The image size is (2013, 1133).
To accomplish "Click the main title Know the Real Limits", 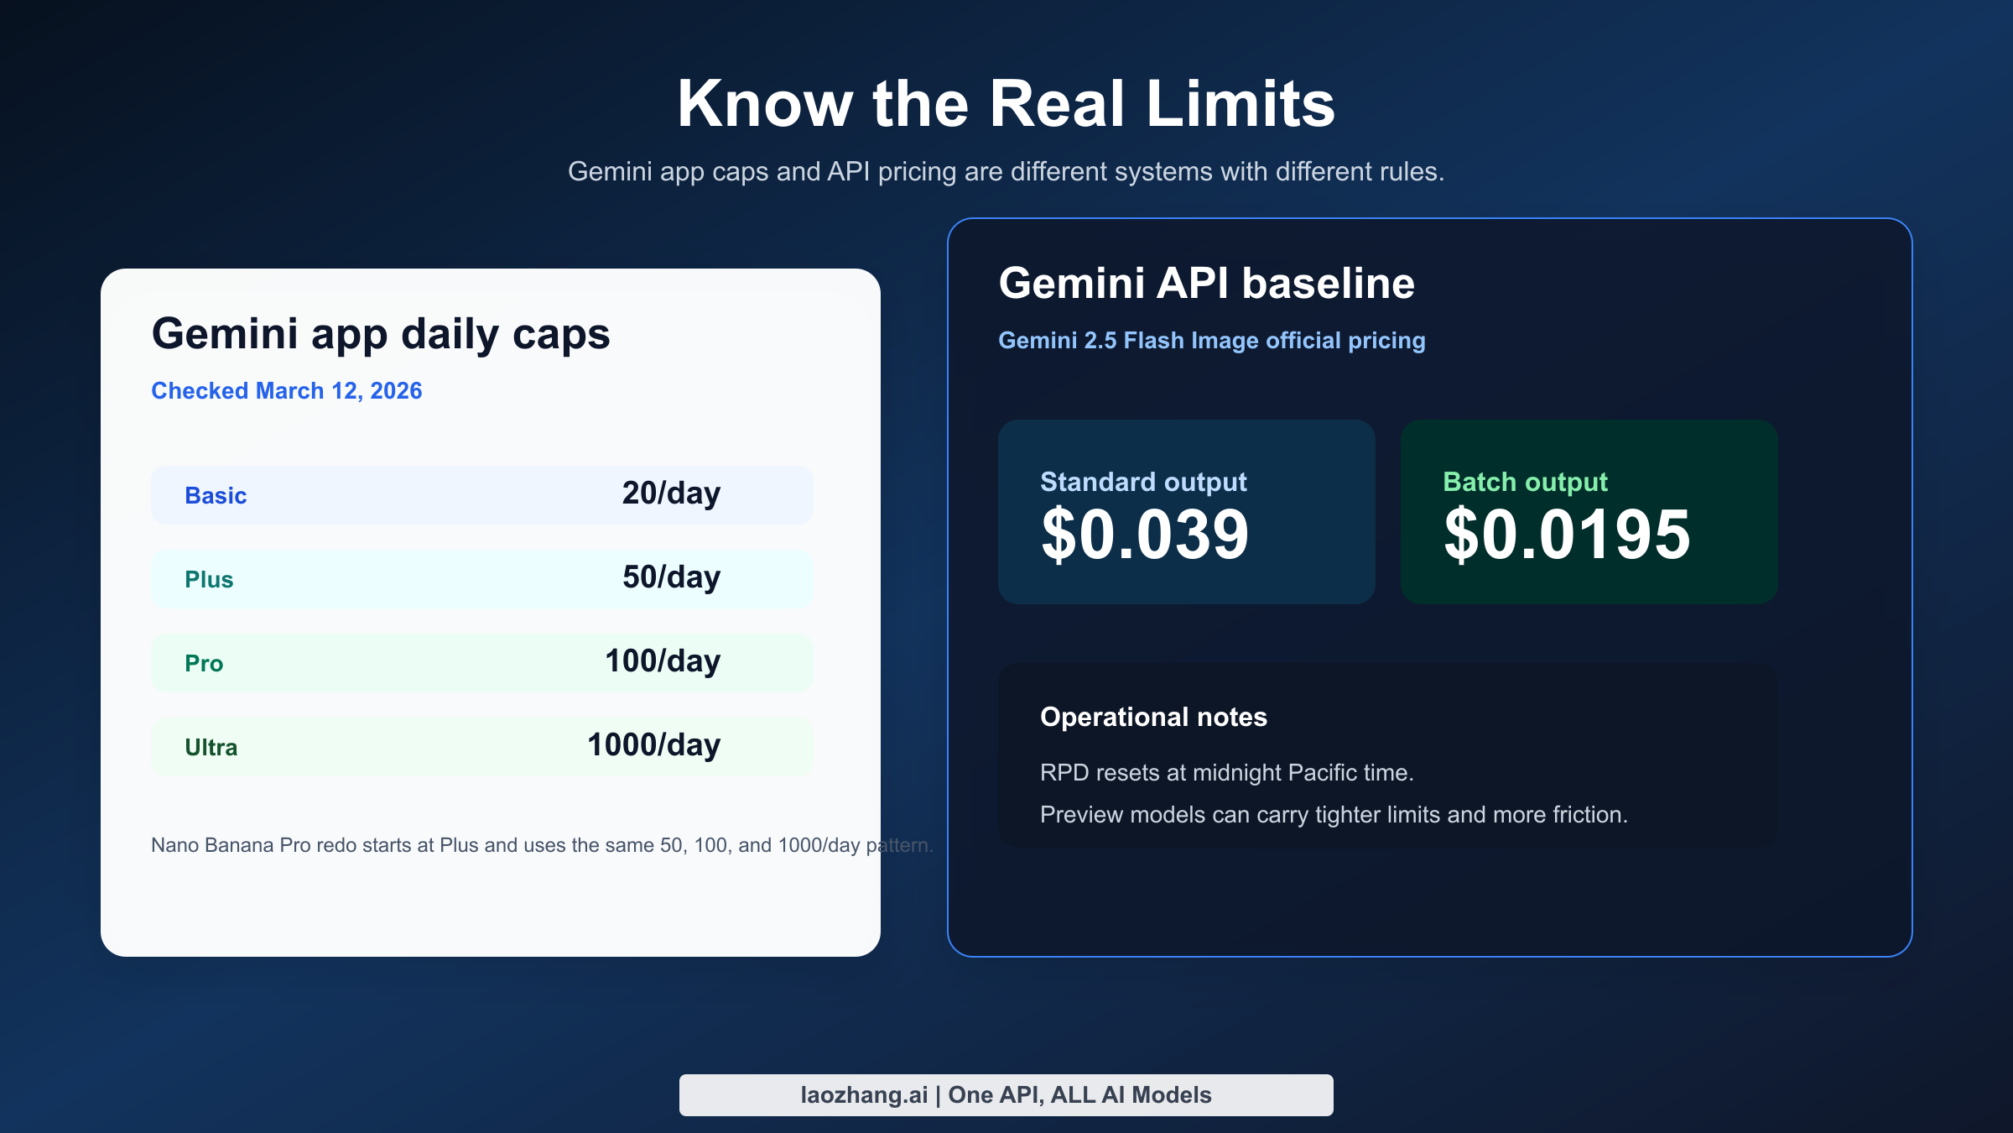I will click(1006, 104).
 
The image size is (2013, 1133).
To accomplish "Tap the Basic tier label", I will click(216, 495).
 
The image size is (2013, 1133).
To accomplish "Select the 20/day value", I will click(671, 493).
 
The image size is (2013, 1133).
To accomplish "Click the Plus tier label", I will click(209, 579).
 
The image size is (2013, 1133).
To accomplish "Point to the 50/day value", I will click(671, 577).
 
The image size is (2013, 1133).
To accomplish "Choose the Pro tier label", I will click(204, 663).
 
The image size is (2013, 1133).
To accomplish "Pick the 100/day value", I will click(663, 661).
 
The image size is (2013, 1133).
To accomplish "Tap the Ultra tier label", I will click(211, 747).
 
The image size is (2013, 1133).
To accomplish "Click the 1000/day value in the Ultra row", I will click(653, 745).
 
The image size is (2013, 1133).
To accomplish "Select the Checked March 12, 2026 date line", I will click(286, 391).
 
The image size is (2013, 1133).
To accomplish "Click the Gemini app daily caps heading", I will click(381, 334).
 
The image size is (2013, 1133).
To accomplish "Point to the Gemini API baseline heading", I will click(1206, 284).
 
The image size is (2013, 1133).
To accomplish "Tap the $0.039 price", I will click(1145, 535).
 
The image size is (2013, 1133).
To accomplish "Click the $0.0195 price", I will click(1567, 535).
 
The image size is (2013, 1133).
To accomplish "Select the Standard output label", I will click(1143, 482).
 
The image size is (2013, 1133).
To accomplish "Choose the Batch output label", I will click(1525, 482).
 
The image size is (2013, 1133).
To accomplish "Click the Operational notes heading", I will click(1153, 717).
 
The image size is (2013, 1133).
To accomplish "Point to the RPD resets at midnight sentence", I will click(1226, 772).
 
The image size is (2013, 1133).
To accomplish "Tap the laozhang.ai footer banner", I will click(1006, 1094).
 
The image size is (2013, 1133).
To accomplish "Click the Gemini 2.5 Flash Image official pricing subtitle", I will click(1211, 341).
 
